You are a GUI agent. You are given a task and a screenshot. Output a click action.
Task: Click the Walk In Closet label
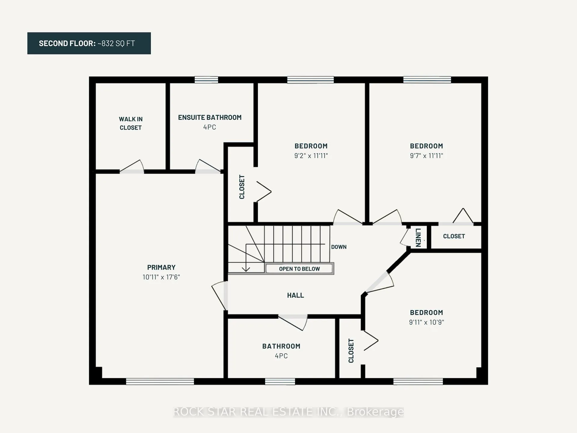(131, 123)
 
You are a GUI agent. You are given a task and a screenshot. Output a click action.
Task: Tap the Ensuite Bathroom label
(210, 118)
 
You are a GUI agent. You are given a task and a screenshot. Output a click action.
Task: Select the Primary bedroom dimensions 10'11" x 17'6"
(161, 277)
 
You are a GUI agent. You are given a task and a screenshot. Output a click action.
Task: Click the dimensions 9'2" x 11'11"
(311, 155)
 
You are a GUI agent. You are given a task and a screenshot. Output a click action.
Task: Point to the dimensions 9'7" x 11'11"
(426, 155)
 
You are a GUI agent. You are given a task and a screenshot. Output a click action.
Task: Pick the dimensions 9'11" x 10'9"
(426, 322)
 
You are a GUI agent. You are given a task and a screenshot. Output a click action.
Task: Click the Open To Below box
(299, 269)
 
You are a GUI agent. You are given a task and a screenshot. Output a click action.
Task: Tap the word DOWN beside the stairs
(339, 247)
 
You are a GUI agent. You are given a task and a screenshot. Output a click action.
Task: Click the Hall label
(295, 295)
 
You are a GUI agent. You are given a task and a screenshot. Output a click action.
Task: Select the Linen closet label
(418, 238)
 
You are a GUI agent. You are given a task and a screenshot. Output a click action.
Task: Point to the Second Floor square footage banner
(89, 43)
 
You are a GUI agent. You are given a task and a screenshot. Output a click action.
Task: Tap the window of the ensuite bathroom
(206, 80)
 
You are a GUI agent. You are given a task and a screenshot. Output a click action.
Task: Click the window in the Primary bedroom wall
(160, 382)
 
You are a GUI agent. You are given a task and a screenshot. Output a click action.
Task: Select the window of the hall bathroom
(280, 382)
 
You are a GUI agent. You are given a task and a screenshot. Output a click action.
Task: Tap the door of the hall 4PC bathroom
(293, 322)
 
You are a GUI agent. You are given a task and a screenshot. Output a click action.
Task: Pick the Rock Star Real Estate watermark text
(288, 412)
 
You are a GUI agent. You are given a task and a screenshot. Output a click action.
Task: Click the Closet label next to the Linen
(454, 236)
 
